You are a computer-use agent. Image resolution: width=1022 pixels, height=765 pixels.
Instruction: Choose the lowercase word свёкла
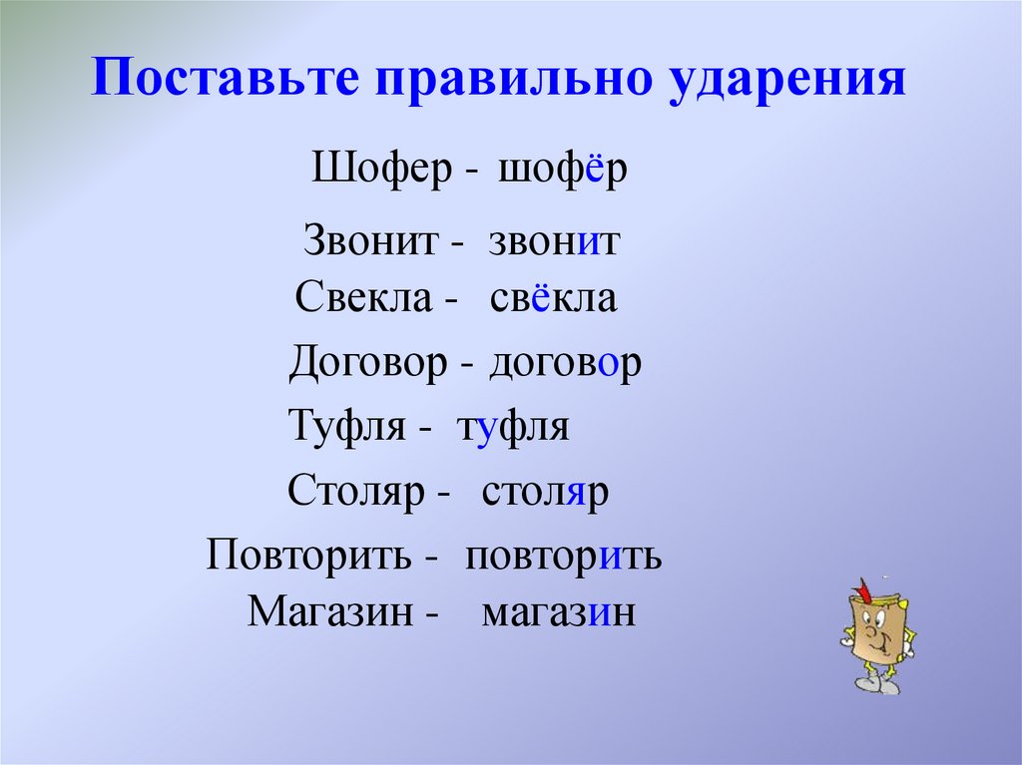tap(554, 299)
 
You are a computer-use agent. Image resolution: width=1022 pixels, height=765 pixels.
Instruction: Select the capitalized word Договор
tap(367, 365)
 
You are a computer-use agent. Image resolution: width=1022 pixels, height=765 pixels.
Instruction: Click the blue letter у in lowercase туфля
tap(487, 429)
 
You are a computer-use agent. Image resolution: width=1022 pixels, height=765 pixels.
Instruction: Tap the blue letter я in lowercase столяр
tap(578, 493)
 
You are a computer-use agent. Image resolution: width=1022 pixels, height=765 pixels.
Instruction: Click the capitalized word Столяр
tap(356, 493)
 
